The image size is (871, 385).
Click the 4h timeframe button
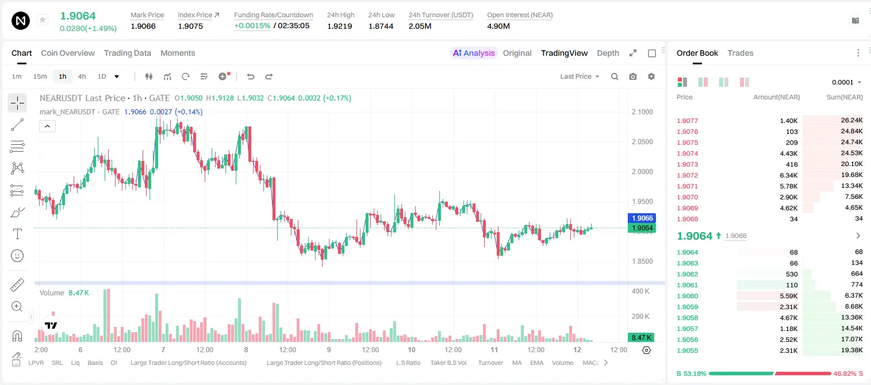82,76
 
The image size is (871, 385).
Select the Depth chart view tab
608,53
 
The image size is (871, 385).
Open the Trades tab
740,53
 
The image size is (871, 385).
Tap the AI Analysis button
474,53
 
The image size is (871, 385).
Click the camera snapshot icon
633,76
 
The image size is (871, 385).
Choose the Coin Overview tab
68,53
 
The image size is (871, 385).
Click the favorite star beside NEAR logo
43,20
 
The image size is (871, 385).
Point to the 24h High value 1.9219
339,26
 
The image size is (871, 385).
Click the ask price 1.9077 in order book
687,121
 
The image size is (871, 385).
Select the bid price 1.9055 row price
687,351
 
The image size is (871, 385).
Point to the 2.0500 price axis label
642,142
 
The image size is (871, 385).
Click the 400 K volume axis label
640,291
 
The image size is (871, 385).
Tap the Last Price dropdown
580,76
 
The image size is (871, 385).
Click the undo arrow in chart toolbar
251,76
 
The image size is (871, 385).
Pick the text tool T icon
17,234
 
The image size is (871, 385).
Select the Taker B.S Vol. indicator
448,363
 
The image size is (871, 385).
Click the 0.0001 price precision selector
846,82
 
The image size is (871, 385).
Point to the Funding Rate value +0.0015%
252,26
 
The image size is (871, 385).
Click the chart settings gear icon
651,76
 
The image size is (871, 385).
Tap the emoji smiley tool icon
17,256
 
